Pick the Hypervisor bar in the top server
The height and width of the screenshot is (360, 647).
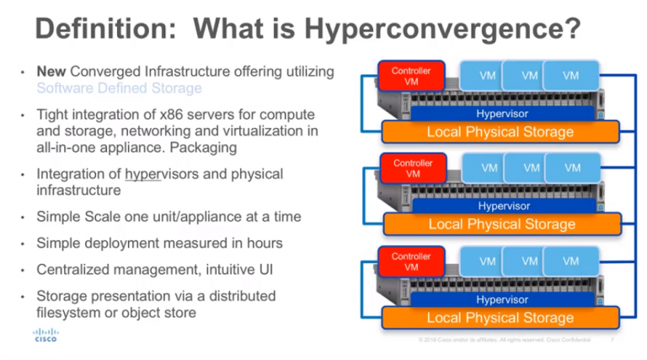click(x=502, y=113)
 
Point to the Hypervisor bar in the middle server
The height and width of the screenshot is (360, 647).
click(x=504, y=206)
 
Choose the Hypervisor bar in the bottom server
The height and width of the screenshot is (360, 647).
click(x=502, y=298)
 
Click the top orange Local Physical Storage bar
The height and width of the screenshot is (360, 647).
click(x=500, y=132)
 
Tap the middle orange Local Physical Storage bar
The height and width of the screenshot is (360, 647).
click(x=502, y=224)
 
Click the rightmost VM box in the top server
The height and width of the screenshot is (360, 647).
click(x=571, y=75)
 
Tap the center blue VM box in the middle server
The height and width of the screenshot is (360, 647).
click(x=531, y=168)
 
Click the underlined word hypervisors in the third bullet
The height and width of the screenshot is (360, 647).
click(x=159, y=174)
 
